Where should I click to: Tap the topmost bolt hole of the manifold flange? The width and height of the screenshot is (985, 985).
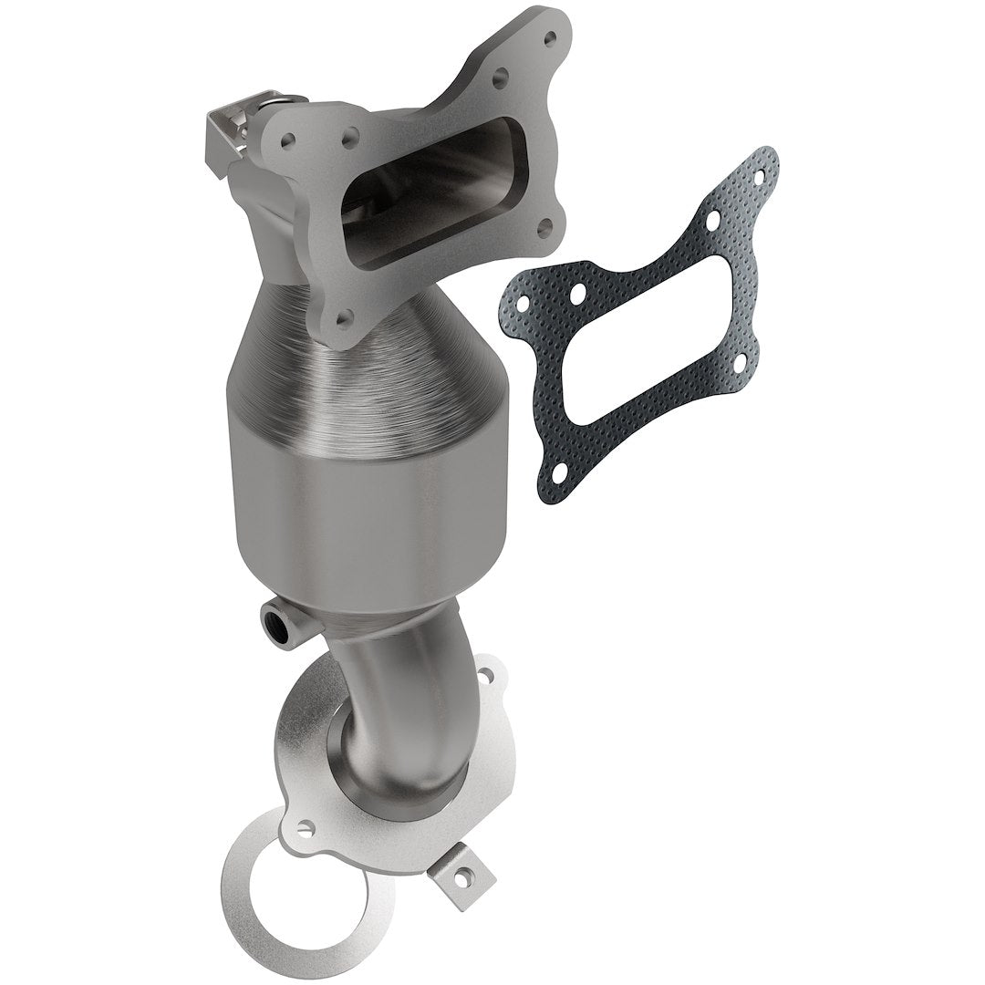[549, 38]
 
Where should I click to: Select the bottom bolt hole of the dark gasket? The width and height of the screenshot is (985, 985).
[556, 471]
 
